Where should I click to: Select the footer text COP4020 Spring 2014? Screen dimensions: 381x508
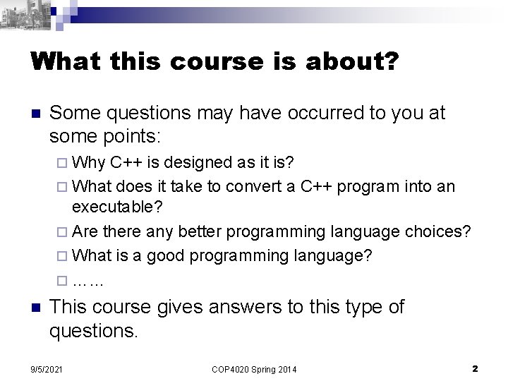point(253,369)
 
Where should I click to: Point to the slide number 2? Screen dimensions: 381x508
point(475,368)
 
